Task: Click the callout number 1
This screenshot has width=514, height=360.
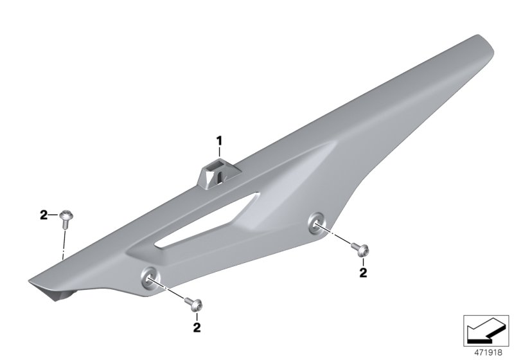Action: (218, 139)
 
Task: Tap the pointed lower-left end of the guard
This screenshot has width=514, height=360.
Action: (32, 281)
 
